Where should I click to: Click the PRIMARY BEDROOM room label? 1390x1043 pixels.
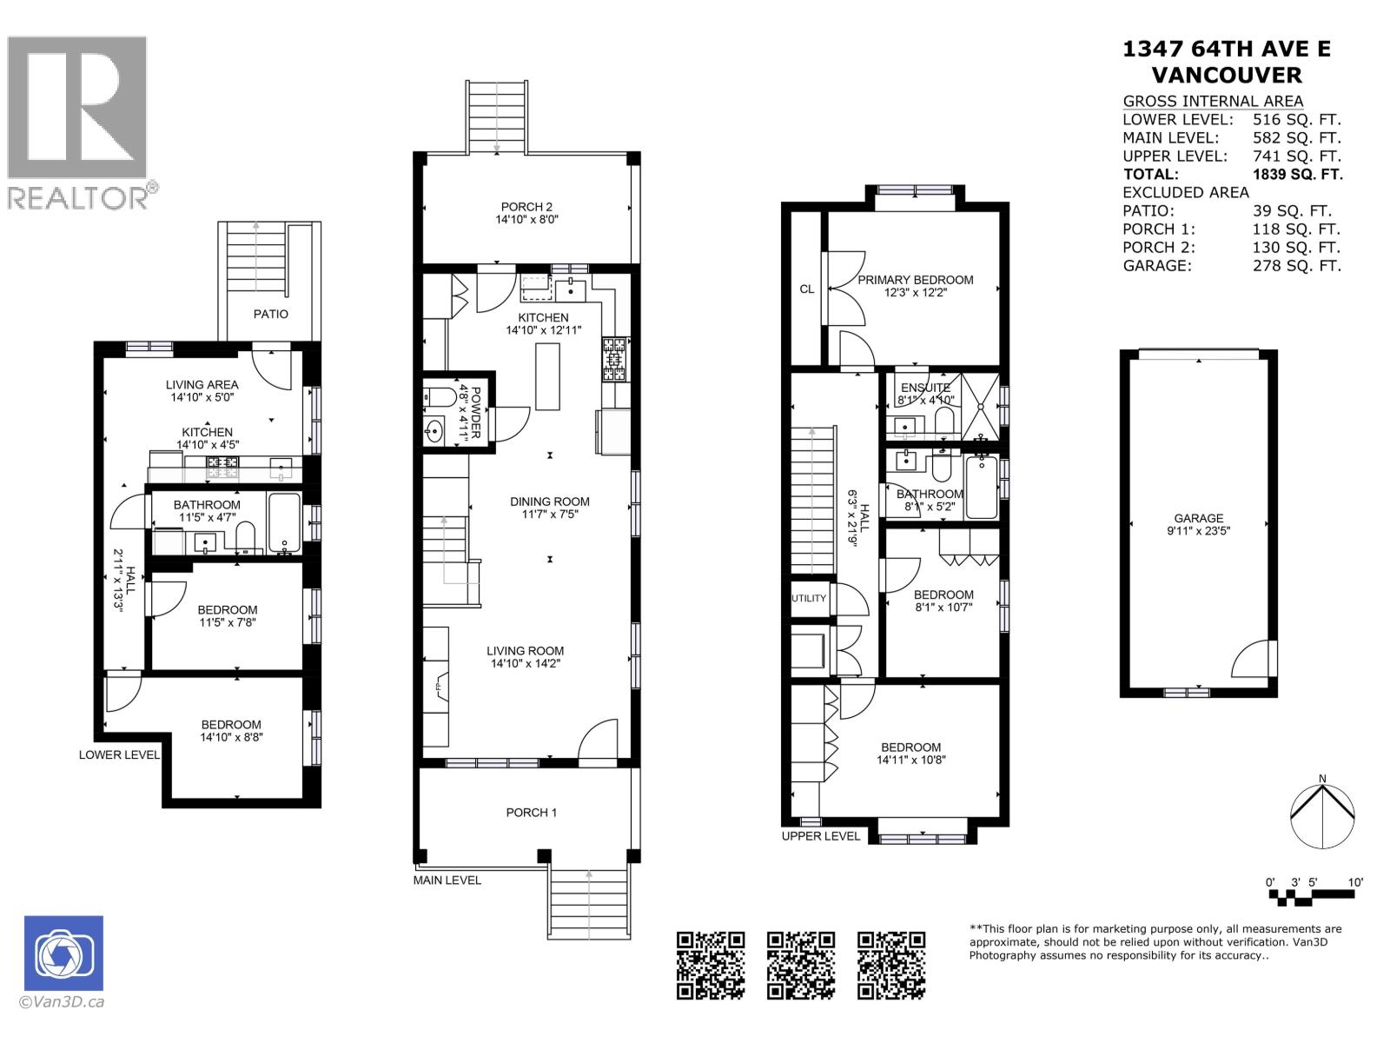click(x=915, y=280)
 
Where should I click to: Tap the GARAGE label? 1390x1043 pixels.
click(x=1199, y=518)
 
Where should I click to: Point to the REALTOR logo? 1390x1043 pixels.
click(x=80, y=123)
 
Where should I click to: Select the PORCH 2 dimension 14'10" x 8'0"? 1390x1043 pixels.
click(x=526, y=220)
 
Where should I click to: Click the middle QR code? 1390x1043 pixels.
click(x=800, y=965)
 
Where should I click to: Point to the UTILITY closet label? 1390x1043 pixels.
click(x=809, y=598)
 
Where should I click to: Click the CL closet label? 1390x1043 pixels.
click(x=807, y=289)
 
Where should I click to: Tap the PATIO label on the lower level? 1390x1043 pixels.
click(x=271, y=314)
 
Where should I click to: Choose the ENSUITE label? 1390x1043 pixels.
click(x=925, y=388)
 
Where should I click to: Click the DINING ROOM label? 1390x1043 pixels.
click(x=549, y=502)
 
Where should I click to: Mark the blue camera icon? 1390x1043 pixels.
click(x=63, y=953)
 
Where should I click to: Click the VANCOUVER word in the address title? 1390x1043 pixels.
click(x=1226, y=75)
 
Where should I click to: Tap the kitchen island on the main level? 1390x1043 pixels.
click(x=547, y=376)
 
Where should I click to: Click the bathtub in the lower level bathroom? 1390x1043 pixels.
click(x=284, y=523)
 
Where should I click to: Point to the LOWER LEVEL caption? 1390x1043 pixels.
click(x=119, y=754)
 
